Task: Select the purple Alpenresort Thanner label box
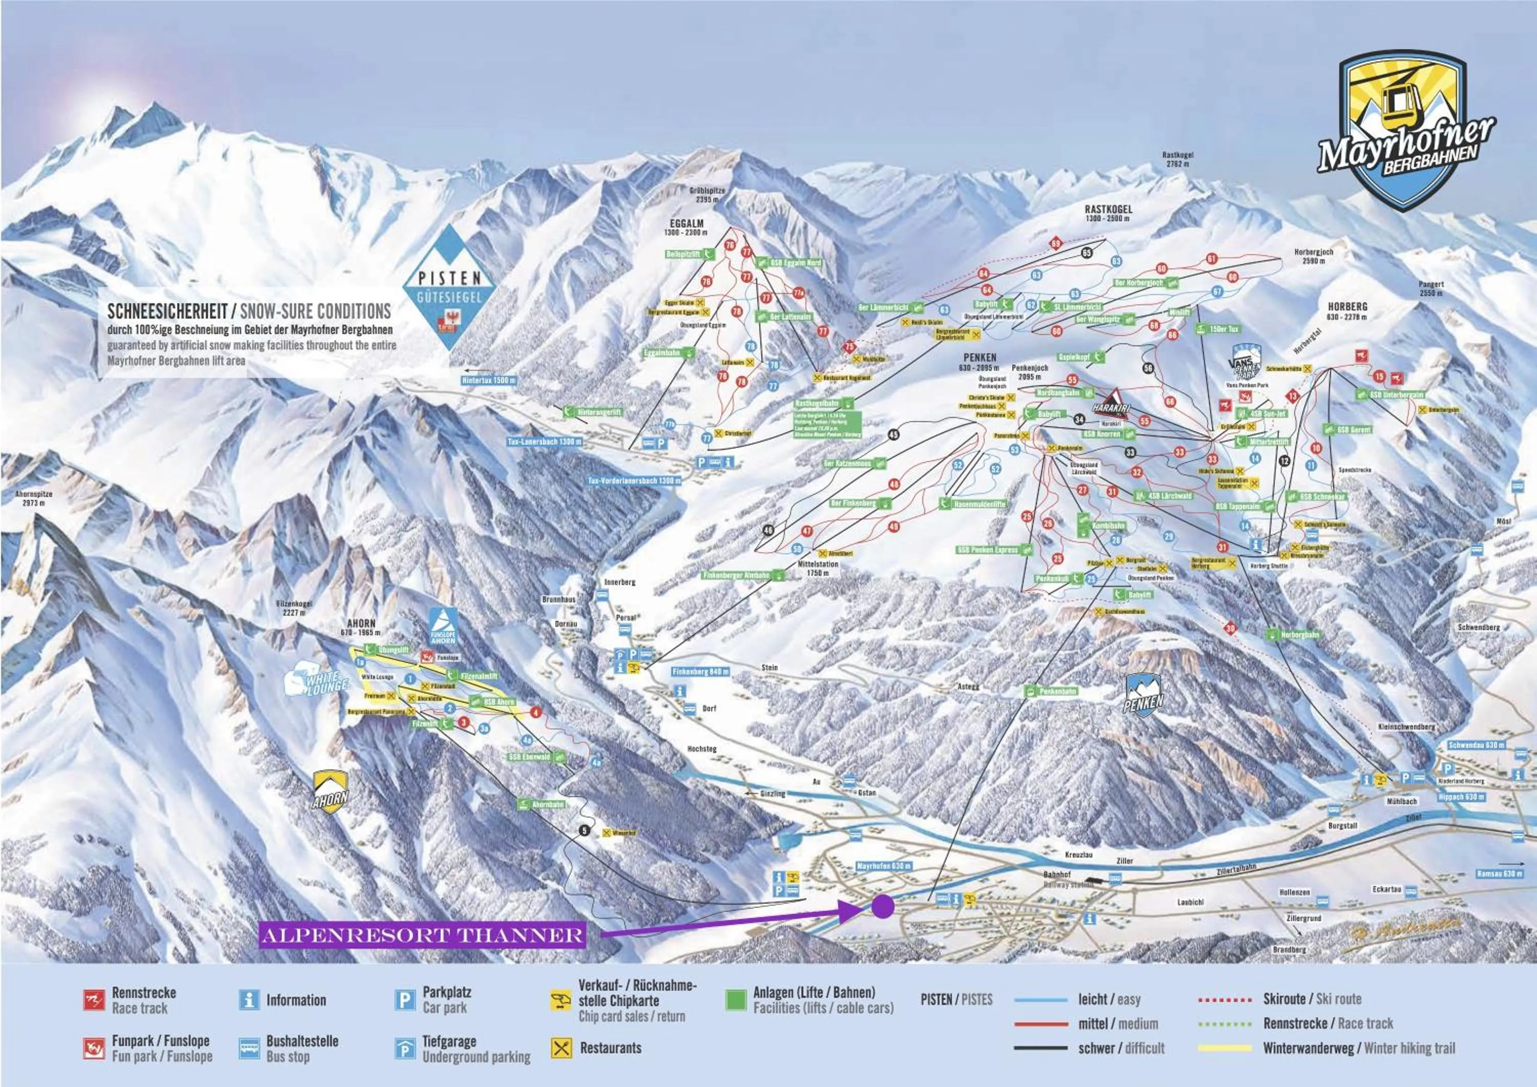(422, 935)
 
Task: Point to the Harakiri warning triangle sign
(1111, 404)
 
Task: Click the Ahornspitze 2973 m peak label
(33, 498)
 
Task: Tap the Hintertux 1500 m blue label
(489, 380)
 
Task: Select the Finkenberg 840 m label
(701, 672)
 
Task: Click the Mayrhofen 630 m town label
(884, 866)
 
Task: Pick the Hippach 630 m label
(1461, 797)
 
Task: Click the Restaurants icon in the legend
(561, 1048)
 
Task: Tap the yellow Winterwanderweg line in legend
(1224, 1048)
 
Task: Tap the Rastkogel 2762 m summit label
(1177, 159)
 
